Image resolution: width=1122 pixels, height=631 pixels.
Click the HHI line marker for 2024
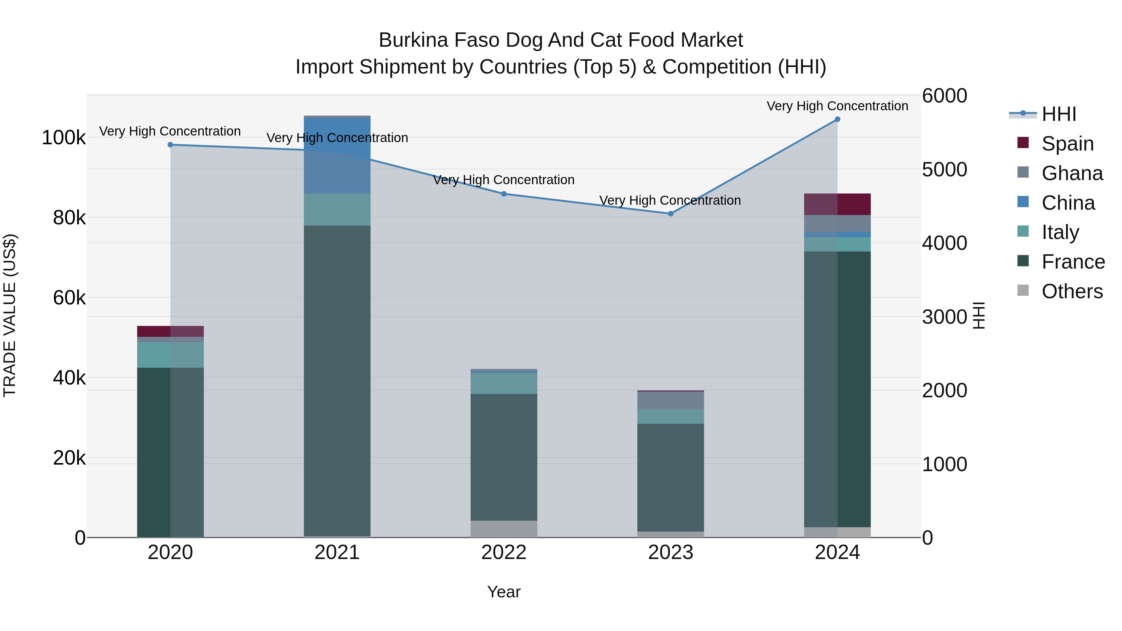837,119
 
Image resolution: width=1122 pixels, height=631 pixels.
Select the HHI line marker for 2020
170,145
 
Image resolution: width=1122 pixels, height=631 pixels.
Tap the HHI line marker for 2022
504,194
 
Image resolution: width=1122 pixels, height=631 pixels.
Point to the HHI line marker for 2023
671,214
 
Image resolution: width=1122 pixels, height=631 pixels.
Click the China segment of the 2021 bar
337,156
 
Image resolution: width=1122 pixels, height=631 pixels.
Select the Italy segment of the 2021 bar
337,209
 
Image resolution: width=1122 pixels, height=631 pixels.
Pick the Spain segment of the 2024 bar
837,204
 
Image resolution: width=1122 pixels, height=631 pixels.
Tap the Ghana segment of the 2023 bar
671,400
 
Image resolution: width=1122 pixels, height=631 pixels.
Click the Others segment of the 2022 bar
504,529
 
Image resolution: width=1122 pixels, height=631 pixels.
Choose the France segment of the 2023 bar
671,477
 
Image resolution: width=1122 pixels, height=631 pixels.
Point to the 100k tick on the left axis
64,138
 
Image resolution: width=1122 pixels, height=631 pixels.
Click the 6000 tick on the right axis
944,96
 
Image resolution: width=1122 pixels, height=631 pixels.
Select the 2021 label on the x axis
337,552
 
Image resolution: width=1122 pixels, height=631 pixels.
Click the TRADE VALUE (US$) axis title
10,315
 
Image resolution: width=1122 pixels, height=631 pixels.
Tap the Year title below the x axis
504,592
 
